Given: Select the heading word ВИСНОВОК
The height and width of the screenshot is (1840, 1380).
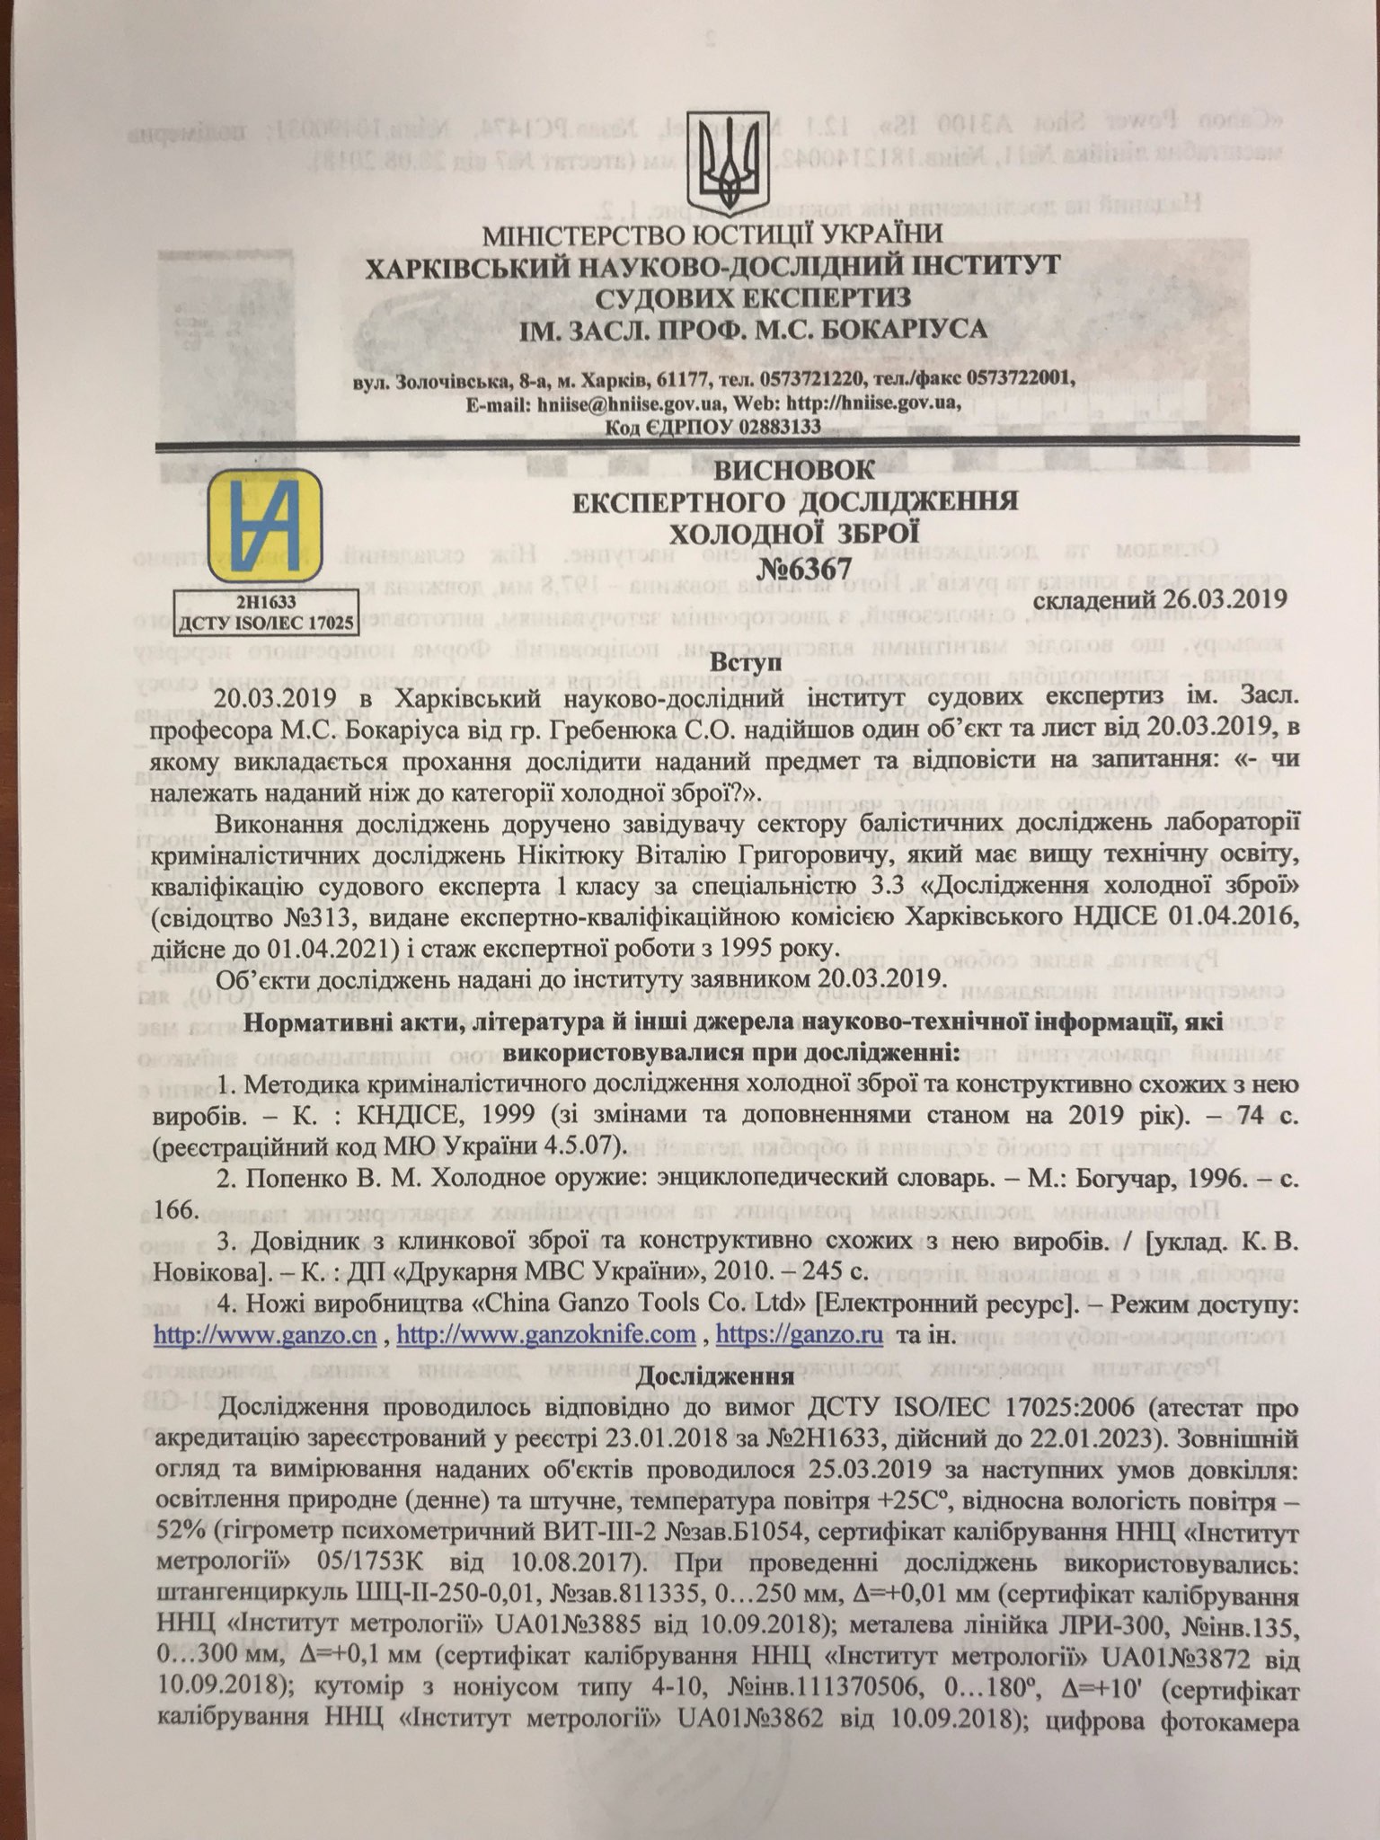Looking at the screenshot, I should [x=794, y=469].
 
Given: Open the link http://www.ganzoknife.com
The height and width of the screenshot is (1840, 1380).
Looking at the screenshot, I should [x=545, y=1334].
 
